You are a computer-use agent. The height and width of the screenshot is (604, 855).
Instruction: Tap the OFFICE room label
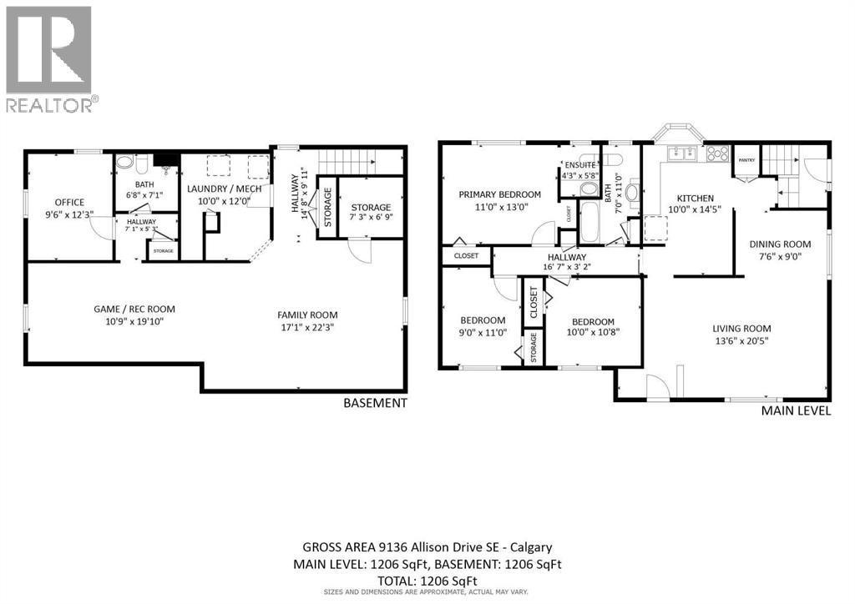tap(70, 202)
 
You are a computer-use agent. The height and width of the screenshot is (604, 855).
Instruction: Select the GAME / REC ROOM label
tap(134, 309)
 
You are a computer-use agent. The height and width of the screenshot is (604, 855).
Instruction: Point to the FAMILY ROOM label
tap(307, 315)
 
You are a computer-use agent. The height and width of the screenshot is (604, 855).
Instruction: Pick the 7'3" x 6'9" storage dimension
tap(371, 219)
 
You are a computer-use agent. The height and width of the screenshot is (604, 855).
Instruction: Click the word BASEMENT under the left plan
tap(375, 403)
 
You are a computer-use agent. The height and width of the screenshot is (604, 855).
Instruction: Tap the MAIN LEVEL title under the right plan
tap(796, 411)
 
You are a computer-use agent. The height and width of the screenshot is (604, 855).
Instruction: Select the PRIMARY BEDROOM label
tap(499, 194)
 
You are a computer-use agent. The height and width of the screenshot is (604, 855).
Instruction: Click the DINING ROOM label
tap(780, 244)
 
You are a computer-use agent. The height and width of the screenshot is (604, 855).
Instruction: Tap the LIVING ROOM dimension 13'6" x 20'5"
tap(741, 340)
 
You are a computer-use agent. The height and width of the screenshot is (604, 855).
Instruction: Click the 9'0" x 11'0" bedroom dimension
tap(483, 331)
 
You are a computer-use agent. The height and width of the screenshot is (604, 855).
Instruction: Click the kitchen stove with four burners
tap(717, 154)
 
